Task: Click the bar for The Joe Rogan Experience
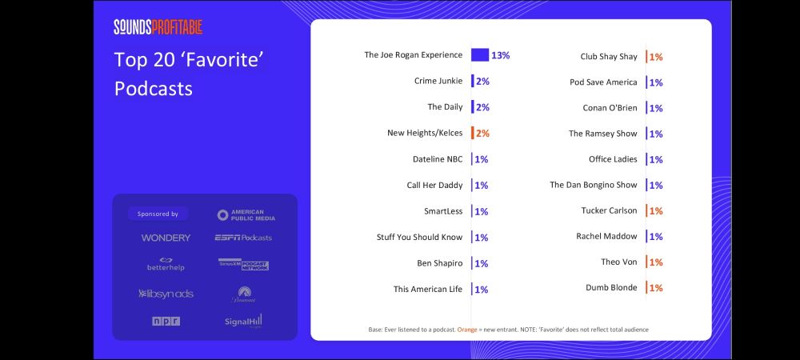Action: coord(480,55)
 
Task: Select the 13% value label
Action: coord(501,56)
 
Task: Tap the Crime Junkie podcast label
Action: coord(438,81)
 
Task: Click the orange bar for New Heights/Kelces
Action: coord(473,133)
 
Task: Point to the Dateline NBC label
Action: coord(437,158)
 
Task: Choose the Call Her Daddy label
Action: coord(434,185)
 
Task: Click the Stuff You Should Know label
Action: coord(419,237)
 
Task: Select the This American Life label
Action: coord(427,289)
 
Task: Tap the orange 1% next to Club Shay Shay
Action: coord(656,57)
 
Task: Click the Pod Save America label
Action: coord(603,82)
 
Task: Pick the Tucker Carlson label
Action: coord(609,210)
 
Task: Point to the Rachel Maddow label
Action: coord(606,236)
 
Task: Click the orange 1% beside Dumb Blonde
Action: coord(656,288)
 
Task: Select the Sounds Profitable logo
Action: coord(158,27)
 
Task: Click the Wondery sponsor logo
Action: coord(166,238)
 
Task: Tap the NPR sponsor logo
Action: coord(166,321)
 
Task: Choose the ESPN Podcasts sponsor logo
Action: coord(243,238)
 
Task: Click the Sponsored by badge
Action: coord(158,214)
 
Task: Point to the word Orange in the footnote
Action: coord(468,329)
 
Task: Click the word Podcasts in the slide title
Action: coord(153,88)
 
